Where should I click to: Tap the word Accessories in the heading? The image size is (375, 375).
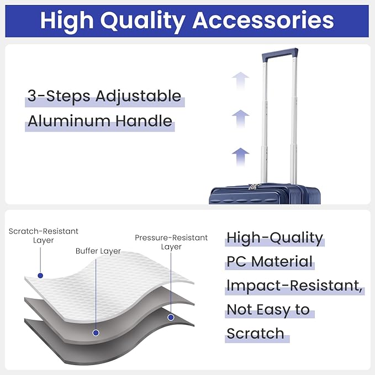click(x=263, y=20)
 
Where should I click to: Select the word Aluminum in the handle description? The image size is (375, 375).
click(x=69, y=121)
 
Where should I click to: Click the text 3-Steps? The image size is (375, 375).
click(x=59, y=96)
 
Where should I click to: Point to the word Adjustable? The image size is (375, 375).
click(x=138, y=97)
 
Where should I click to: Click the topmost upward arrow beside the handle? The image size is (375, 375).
click(x=241, y=81)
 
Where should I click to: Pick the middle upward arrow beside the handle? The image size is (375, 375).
click(x=241, y=119)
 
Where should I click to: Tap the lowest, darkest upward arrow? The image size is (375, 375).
click(x=241, y=157)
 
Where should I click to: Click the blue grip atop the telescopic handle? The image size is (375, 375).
click(x=280, y=54)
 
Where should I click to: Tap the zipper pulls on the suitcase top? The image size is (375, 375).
click(x=253, y=187)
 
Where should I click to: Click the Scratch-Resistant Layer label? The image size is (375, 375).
click(x=44, y=236)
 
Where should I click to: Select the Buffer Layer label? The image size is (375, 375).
click(x=98, y=251)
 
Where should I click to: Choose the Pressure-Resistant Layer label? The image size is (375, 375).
click(x=171, y=242)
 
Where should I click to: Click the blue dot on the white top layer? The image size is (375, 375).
click(x=40, y=276)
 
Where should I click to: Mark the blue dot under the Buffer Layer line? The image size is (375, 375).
click(x=96, y=332)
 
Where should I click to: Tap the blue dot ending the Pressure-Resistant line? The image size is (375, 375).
click(x=171, y=318)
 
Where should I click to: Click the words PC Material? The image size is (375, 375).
click(x=270, y=261)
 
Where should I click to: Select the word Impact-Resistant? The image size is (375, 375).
click(x=294, y=286)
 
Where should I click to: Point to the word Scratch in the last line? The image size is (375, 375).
click(x=255, y=334)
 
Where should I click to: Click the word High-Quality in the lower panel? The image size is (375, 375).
click(x=275, y=238)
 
